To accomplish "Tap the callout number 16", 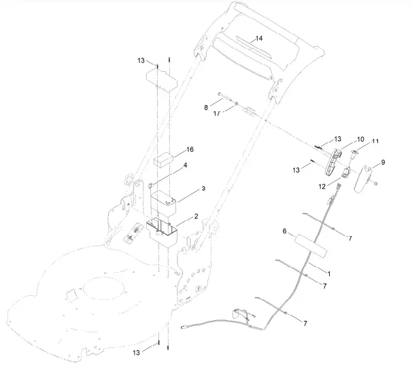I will click(x=190, y=149).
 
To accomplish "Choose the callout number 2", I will click(x=196, y=216).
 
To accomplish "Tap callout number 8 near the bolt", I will click(x=205, y=107).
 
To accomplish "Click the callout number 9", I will click(x=383, y=163).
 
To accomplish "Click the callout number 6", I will click(x=284, y=231).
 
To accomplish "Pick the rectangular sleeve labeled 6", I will click(x=309, y=242).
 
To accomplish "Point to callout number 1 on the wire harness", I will click(x=330, y=273).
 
